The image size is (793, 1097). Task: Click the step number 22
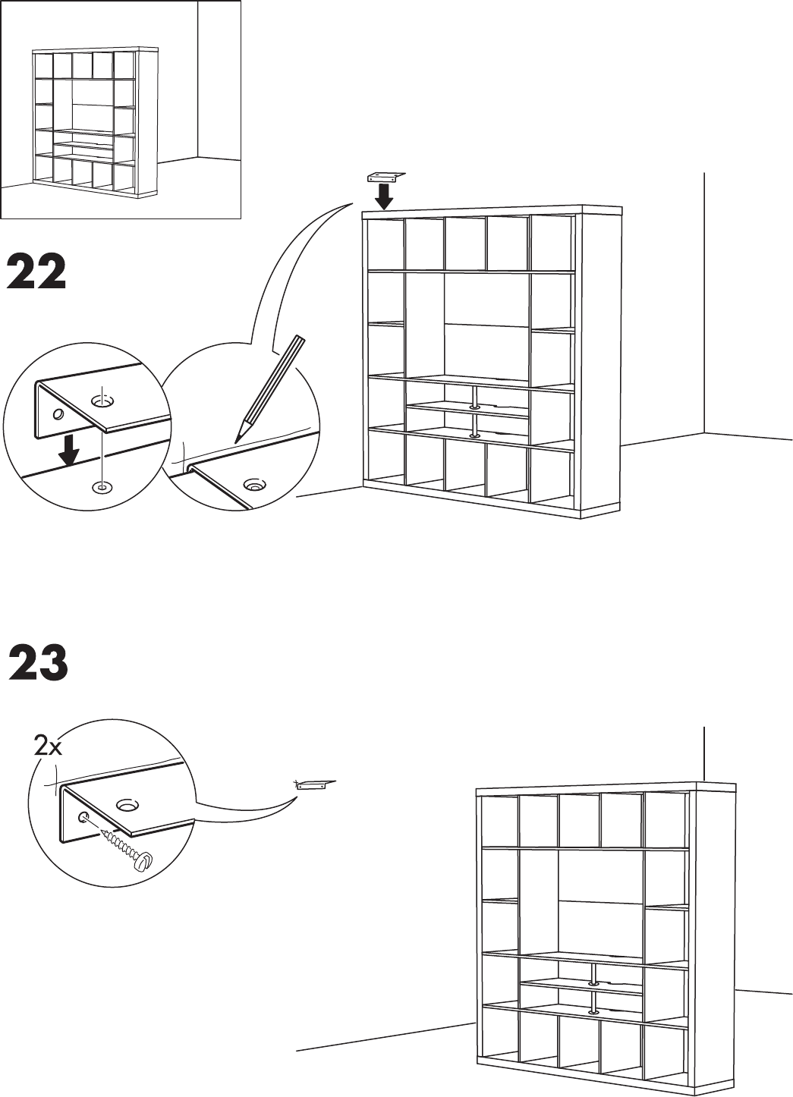pos(37,273)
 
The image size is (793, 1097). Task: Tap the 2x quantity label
pos(49,747)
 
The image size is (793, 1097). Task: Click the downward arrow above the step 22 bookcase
pos(385,196)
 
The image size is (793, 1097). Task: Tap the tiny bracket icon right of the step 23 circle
pos(315,785)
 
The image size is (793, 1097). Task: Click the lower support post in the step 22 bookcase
pos(476,426)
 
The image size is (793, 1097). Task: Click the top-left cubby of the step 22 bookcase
pos(384,243)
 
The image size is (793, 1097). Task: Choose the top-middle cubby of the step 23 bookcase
pos(579,819)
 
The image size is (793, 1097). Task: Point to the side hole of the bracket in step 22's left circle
pos(57,414)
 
